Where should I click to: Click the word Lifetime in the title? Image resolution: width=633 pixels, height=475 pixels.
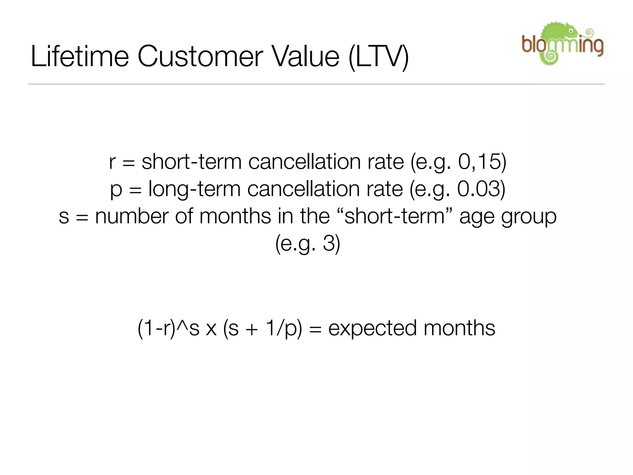click(80, 56)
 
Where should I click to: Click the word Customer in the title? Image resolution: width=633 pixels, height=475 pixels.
click(200, 56)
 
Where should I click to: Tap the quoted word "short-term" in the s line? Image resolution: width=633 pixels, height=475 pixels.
click(394, 216)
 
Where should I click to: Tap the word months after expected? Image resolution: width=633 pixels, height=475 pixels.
click(459, 328)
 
